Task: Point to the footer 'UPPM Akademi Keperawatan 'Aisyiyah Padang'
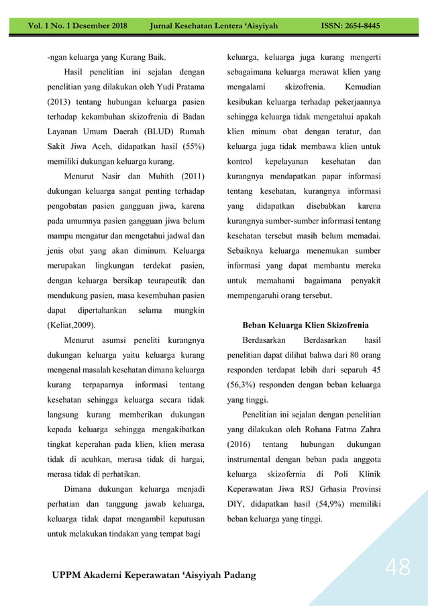tap(154, 576)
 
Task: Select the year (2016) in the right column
tap(241, 445)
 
